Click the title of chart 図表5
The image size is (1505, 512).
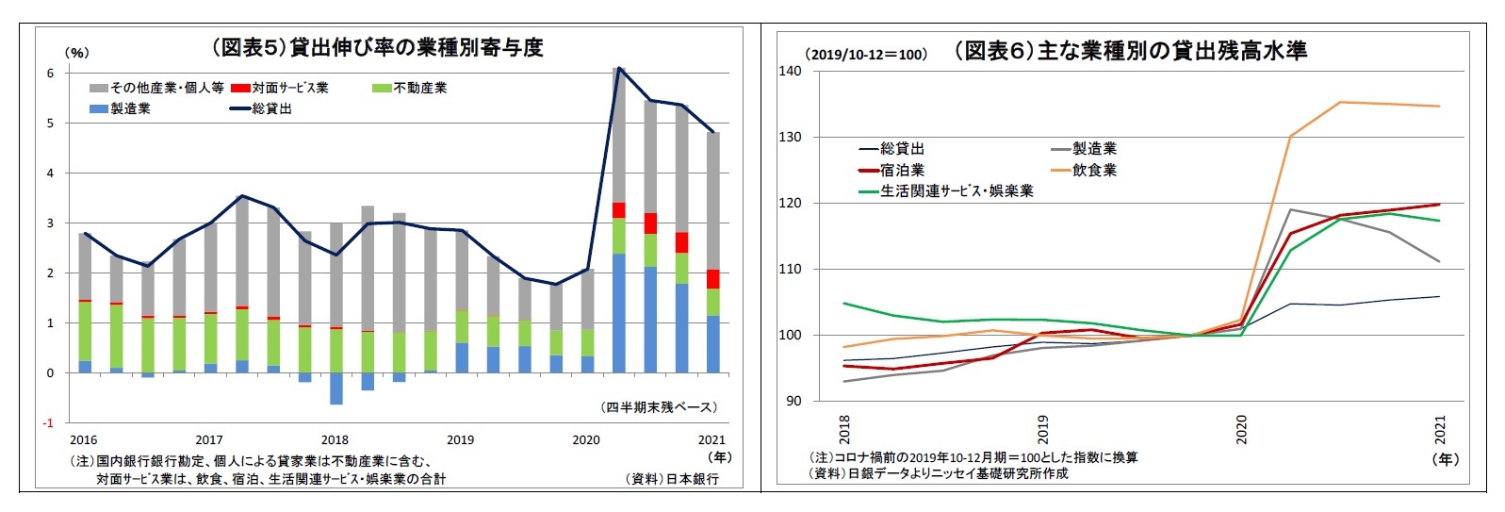point(376,48)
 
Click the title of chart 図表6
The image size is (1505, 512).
point(1130,51)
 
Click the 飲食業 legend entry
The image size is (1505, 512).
point(1094,170)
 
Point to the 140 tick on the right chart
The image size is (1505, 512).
point(790,71)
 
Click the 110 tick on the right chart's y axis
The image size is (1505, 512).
point(790,269)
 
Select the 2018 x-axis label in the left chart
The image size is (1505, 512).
point(335,439)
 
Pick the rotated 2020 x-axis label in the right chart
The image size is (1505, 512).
point(1241,430)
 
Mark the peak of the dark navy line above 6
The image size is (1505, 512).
point(618,68)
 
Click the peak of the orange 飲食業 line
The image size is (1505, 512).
point(1341,102)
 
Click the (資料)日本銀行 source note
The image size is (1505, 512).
point(672,478)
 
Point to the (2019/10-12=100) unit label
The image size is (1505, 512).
point(865,55)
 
